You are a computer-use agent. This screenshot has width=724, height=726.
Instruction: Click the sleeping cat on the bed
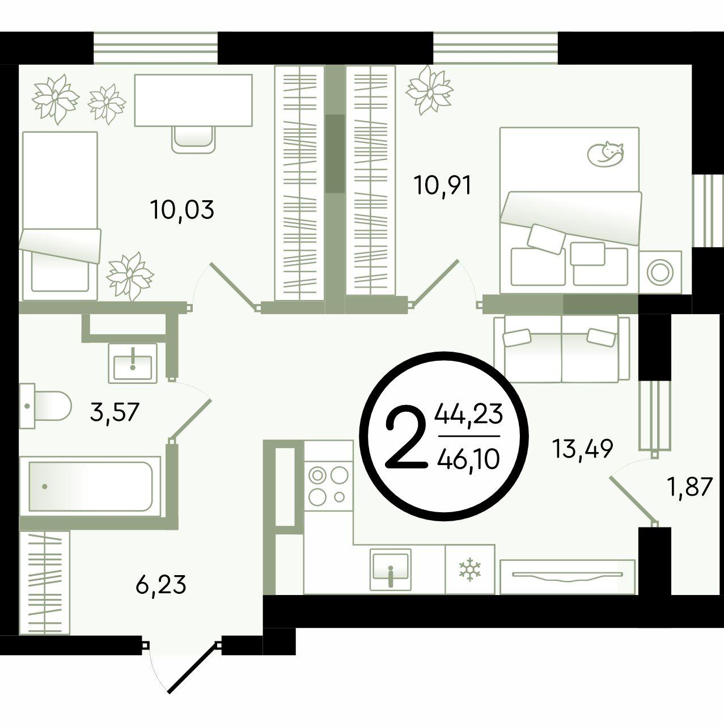coord(606,154)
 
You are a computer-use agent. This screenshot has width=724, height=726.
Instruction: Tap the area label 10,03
coord(182,210)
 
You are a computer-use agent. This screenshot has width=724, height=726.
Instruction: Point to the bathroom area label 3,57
coord(115,412)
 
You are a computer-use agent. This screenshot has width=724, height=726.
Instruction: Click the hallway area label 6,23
coord(161,585)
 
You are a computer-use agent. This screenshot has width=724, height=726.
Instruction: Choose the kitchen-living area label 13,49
coord(583,448)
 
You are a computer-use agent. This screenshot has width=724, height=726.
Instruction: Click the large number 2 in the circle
coord(405,436)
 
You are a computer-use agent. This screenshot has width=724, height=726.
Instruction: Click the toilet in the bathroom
coord(45,406)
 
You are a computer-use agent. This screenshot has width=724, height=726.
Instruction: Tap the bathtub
coord(90,486)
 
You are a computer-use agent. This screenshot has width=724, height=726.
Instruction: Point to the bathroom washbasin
coord(133,363)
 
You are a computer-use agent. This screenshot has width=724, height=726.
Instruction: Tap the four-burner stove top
coord(328,486)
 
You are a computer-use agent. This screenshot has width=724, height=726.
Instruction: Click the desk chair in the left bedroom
coord(194,139)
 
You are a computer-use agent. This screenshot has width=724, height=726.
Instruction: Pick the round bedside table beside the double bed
coord(661,272)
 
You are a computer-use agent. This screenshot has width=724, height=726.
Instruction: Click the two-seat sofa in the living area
coord(562,348)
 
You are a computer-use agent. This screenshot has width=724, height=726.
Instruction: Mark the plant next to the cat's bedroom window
coord(429,90)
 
